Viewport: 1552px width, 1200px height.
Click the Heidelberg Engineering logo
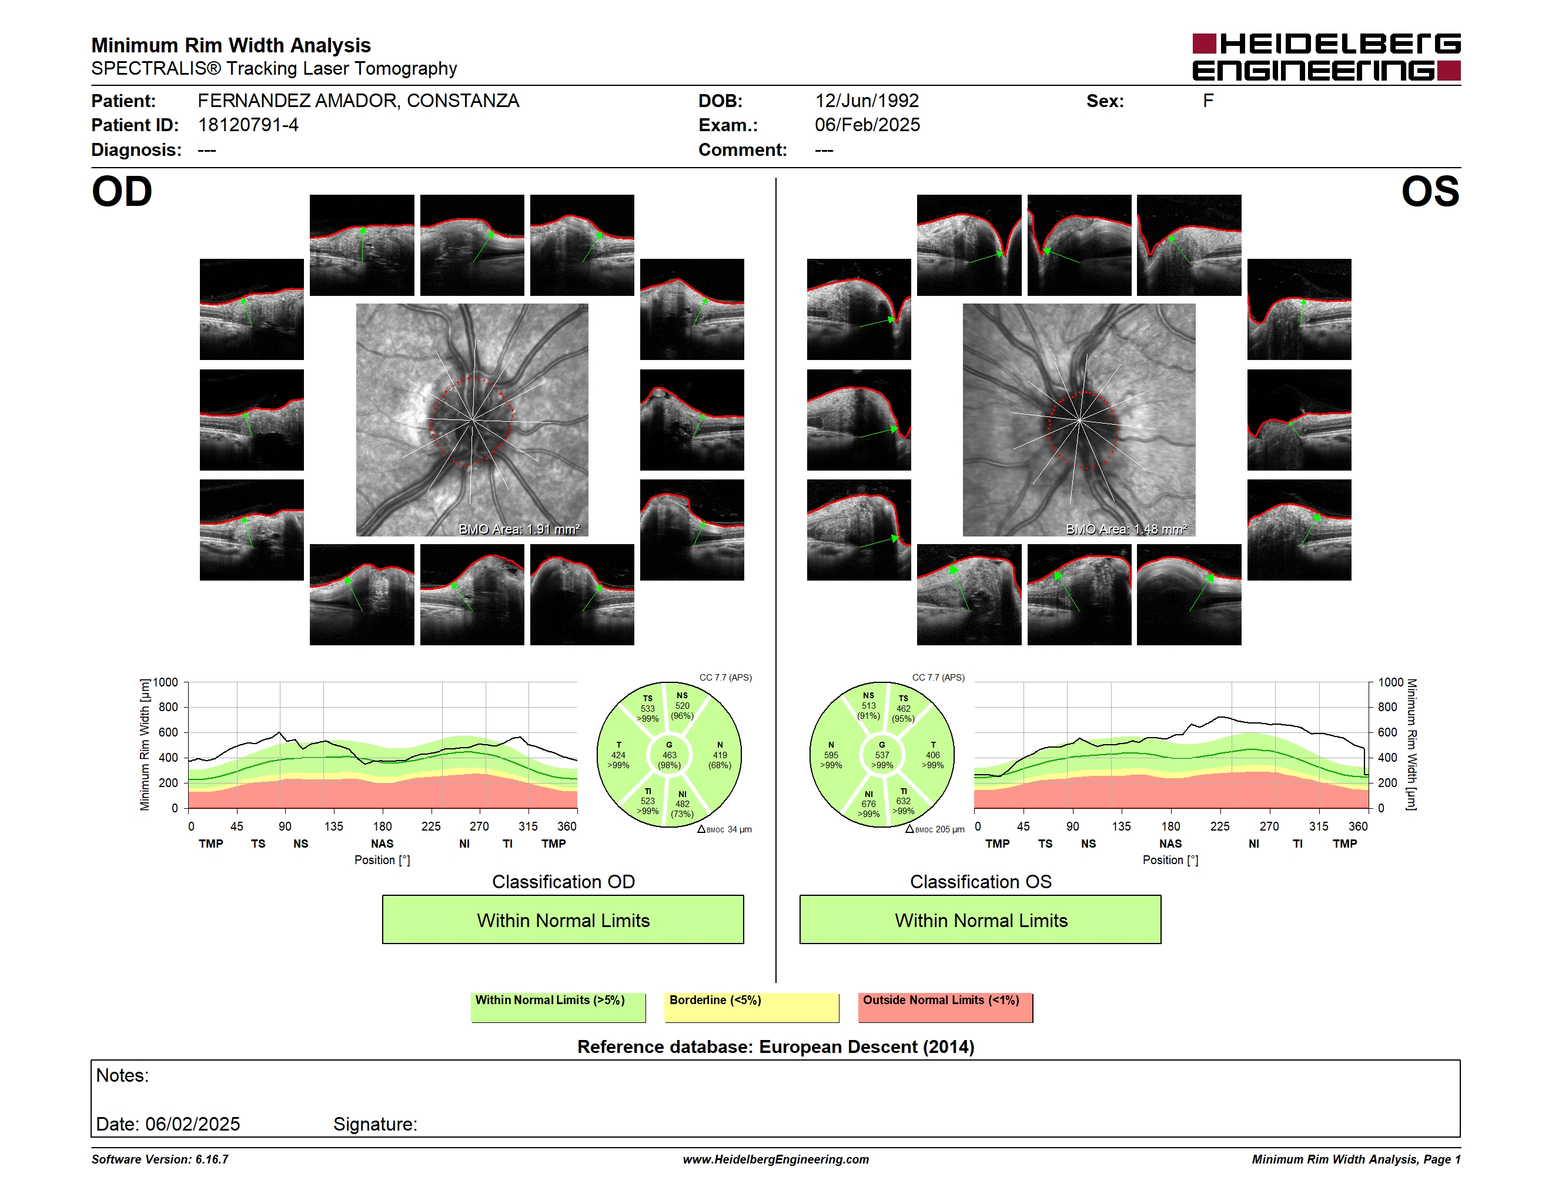pos(1326,57)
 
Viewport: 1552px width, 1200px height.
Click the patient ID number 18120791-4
pos(248,125)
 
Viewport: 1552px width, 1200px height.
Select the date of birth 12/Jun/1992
pos(867,101)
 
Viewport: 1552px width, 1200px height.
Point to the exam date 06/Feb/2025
pos(867,125)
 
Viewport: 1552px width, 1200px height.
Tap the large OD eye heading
pos(122,192)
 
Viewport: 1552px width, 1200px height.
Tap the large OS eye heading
pos(1430,192)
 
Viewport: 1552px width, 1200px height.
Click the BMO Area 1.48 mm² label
pos(1126,529)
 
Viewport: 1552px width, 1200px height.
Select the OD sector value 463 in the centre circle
pos(668,755)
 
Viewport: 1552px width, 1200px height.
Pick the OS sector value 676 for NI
pos(868,804)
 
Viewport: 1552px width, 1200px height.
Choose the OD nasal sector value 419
pos(720,755)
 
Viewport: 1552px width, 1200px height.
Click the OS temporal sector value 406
pos(932,755)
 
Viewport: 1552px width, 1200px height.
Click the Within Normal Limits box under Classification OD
pos(563,920)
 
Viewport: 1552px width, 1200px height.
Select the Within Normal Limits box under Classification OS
pos(981,920)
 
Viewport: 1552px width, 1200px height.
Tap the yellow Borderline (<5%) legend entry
pos(752,1007)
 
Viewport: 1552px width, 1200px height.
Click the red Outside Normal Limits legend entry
pos(946,1007)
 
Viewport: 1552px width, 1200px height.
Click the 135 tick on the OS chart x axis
pos(1121,826)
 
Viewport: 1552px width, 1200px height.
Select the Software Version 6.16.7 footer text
pos(160,1159)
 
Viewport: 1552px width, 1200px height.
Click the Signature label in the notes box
pos(375,1124)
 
